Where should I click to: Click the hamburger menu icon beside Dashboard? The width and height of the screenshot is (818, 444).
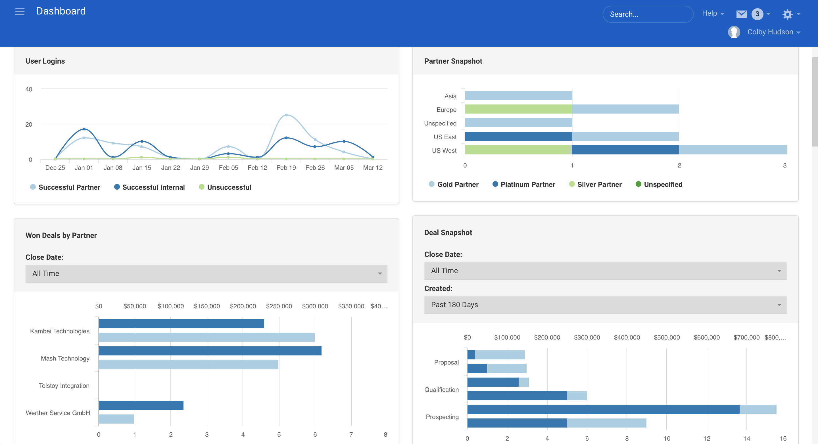pyautogui.click(x=20, y=12)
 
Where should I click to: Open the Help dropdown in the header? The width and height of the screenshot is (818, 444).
pyautogui.click(x=713, y=13)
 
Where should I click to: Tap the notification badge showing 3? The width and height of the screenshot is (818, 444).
pyautogui.click(x=757, y=14)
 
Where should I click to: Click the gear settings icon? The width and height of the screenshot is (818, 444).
pyautogui.click(x=787, y=14)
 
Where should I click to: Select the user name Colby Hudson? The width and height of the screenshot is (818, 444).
pyautogui.click(x=770, y=32)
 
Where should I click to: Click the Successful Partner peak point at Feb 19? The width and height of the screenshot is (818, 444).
pyautogui.click(x=286, y=115)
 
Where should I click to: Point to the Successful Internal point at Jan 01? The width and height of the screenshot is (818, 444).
pyautogui.click(x=84, y=129)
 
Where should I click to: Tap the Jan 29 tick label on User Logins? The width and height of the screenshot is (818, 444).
pyautogui.click(x=199, y=167)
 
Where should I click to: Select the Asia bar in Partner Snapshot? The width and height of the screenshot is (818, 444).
pyautogui.click(x=518, y=95)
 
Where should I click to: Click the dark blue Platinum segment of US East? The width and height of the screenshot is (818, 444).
pyautogui.click(x=518, y=137)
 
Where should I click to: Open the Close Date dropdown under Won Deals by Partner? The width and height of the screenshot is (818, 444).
pyautogui.click(x=206, y=274)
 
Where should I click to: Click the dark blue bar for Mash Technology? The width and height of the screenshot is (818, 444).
pyautogui.click(x=210, y=351)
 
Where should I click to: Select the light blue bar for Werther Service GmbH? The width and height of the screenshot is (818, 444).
pyautogui.click(x=116, y=419)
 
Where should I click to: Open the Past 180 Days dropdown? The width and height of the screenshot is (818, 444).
pyautogui.click(x=605, y=305)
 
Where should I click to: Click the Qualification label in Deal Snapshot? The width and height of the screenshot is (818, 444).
pyautogui.click(x=441, y=389)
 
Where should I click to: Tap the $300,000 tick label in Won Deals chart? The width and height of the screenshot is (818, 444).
pyautogui.click(x=315, y=306)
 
